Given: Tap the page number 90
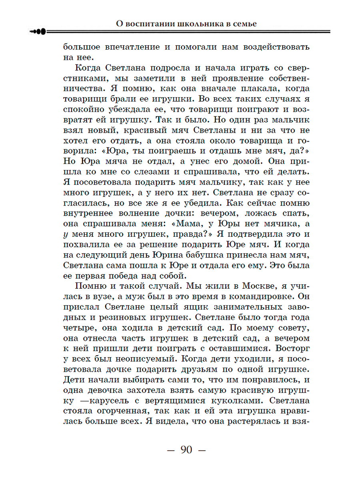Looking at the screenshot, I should tap(186, 450).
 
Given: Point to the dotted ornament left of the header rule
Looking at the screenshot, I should tap(38, 32).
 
